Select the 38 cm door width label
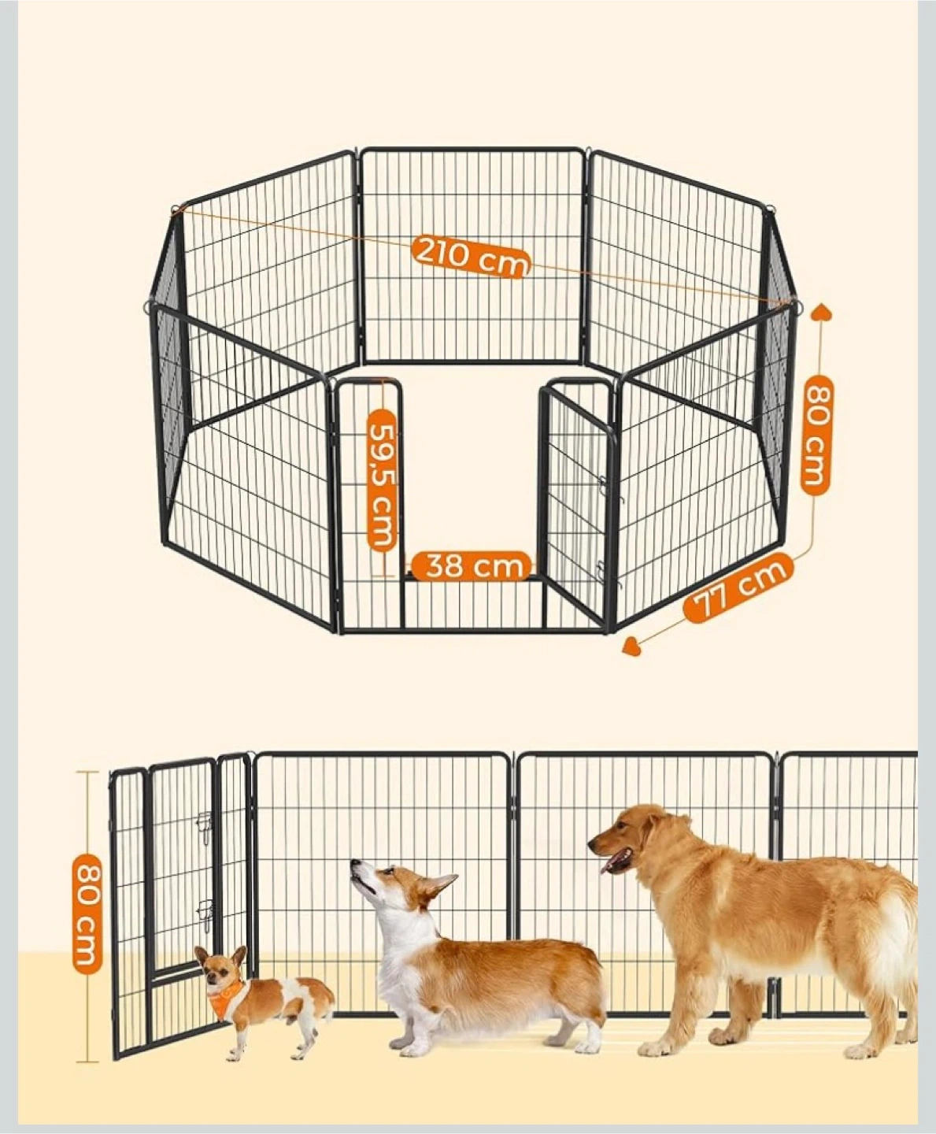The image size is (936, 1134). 470,566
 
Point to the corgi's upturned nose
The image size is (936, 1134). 354,863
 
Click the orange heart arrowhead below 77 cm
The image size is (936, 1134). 632,646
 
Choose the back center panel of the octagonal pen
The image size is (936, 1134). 472,255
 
